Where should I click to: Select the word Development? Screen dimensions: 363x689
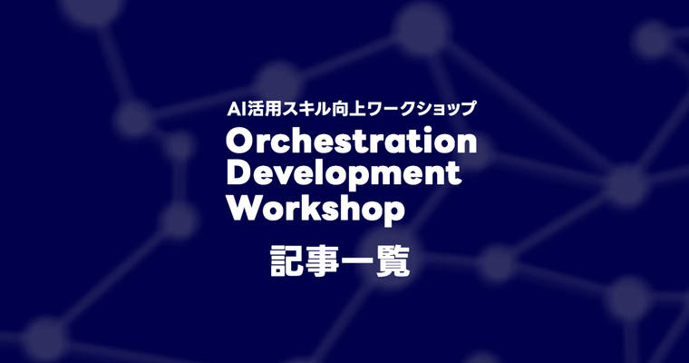344,174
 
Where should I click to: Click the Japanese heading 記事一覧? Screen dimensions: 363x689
341,261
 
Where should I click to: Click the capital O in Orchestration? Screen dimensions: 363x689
241,142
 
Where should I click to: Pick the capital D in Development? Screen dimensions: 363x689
239,174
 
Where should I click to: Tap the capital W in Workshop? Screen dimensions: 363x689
244,208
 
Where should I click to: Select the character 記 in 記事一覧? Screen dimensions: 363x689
288,261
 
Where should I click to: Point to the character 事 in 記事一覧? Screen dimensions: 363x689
324,261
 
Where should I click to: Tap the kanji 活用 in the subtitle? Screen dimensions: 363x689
267,108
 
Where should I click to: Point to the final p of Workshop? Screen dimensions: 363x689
393,211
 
